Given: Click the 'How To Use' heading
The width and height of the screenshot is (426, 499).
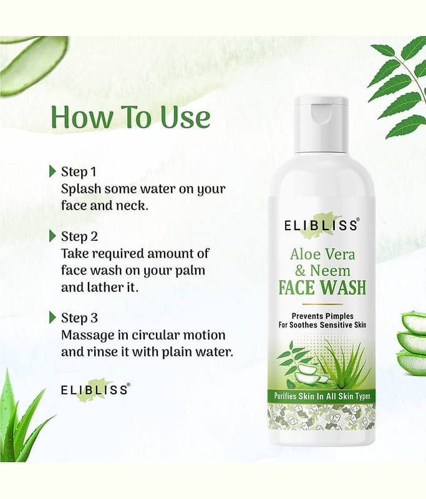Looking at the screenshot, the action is click(130, 117).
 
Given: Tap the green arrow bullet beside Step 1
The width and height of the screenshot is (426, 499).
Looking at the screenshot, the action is click(53, 171).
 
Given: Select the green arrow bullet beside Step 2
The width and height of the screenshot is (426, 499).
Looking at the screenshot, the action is click(53, 236).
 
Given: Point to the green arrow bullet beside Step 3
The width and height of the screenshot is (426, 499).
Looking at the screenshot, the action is click(53, 317).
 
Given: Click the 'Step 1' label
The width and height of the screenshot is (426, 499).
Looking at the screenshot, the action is click(79, 172).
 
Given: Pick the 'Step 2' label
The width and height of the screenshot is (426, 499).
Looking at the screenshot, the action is click(80, 237).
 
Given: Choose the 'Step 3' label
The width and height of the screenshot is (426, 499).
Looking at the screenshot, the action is click(80, 318).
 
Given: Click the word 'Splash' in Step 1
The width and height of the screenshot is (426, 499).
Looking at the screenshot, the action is click(81, 190).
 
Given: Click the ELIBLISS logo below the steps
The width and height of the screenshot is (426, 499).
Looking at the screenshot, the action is click(95, 390).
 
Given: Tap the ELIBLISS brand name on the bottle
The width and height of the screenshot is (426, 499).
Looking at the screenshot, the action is click(322, 225).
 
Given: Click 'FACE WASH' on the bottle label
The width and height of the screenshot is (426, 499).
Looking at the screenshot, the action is click(322, 288).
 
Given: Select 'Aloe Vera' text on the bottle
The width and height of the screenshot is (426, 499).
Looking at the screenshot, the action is click(322, 254).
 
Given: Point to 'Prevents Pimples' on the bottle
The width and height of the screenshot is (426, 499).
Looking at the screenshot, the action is click(322, 316).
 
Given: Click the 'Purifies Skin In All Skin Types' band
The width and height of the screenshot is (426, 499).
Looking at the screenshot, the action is click(322, 396).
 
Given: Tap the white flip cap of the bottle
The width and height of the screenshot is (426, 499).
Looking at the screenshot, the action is click(321, 122).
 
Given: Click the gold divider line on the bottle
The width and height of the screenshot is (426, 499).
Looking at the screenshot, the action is click(322, 304).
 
